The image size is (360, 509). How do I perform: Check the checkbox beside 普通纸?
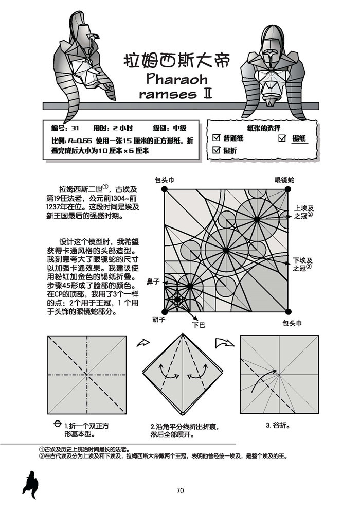click(217, 138)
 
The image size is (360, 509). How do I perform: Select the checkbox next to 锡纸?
click(282, 138)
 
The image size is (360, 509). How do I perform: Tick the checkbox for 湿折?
click(217, 150)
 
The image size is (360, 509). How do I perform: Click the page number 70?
click(180, 490)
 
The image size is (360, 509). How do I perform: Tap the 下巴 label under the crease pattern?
click(199, 325)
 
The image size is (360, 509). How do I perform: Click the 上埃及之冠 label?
click(303, 212)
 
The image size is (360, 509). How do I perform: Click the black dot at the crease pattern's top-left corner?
click(165, 189)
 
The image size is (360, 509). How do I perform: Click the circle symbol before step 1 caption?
click(57, 425)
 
